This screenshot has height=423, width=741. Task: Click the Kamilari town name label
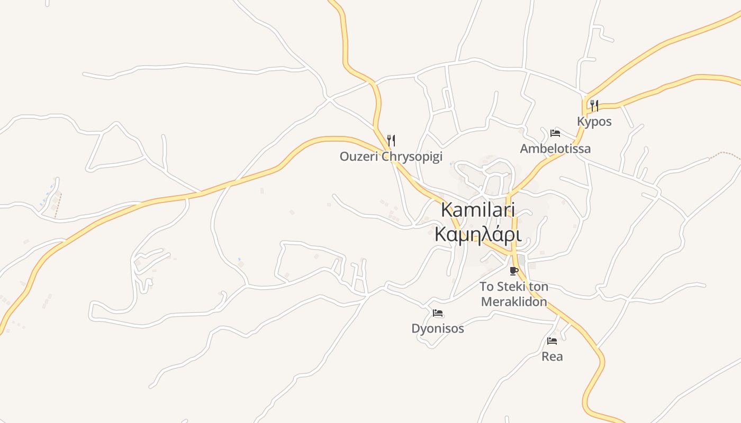(x=478, y=209)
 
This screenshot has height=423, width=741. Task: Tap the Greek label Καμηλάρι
(x=478, y=234)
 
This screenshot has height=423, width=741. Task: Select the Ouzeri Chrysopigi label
(x=391, y=157)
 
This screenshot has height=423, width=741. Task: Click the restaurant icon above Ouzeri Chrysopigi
(x=391, y=141)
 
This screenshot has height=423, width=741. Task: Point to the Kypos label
(x=594, y=122)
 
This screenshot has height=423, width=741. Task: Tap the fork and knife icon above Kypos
(x=594, y=106)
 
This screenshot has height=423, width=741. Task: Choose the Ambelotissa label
(x=555, y=149)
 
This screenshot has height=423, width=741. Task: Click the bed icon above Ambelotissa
(x=555, y=133)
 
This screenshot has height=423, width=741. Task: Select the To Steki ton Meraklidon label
(x=513, y=294)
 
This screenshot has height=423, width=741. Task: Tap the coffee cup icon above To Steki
(x=513, y=271)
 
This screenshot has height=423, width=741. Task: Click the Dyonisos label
(x=438, y=329)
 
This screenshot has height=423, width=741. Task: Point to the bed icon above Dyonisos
(x=438, y=313)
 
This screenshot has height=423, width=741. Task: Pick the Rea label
(x=552, y=356)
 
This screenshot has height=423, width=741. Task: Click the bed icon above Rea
(x=552, y=341)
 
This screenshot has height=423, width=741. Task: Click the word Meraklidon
(x=513, y=302)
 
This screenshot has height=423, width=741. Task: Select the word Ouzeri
(x=359, y=157)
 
